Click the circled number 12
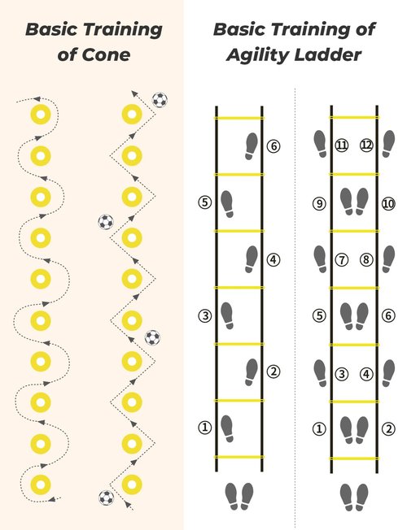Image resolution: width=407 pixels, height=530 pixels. point(366,145)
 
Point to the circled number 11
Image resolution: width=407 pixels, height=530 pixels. point(342,145)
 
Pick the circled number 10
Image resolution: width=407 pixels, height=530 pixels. point(388,203)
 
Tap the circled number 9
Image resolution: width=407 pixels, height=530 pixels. point(319,203)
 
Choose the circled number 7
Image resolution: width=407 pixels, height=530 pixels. point(342,259)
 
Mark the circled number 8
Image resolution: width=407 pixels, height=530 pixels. point(366,259)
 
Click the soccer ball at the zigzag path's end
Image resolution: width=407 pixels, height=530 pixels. point(160,100)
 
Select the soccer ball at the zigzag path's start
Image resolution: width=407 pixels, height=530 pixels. point(107,497)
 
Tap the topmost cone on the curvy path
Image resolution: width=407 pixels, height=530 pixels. point(41,115)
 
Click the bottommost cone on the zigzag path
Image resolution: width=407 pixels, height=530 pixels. point(132,484)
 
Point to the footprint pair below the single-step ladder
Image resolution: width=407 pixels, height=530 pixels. point(239,496)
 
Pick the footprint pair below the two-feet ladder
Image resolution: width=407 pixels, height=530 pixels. point(354,497)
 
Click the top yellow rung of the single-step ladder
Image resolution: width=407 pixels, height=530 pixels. point(239,118)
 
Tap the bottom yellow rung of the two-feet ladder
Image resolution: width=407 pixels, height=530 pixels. point(354,458)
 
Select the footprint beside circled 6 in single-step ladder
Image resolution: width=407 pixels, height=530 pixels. point(252,146)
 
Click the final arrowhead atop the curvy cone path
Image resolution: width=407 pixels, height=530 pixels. point(37,99)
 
